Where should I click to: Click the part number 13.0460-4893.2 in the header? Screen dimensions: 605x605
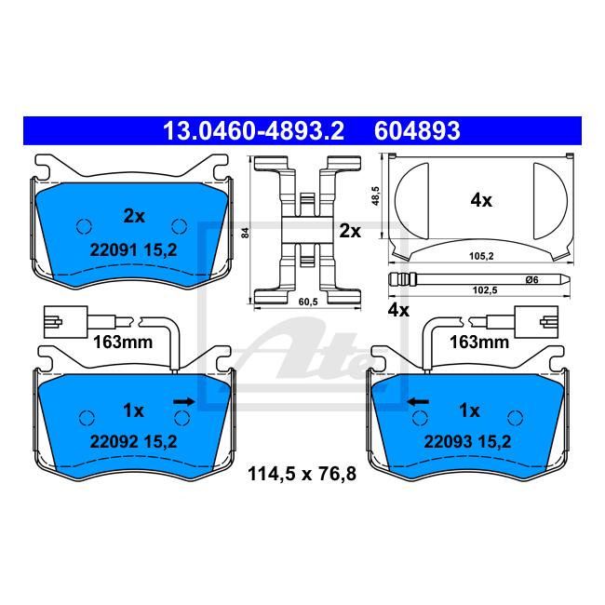point(253,131)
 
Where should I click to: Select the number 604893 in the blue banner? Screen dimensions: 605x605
point(417,131)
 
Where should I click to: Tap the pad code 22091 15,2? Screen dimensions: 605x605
point(133,250)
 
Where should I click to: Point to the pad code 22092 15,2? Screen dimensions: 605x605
point(133,441)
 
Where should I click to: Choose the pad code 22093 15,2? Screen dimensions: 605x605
point(467,441)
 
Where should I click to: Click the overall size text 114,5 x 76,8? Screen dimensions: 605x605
point(302,474)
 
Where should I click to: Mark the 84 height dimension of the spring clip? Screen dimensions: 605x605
point(246,233)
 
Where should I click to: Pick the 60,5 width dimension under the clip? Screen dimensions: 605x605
point(308,302)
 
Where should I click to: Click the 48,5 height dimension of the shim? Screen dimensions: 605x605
point(375,196)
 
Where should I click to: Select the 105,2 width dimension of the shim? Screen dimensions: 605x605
point(481,256)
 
